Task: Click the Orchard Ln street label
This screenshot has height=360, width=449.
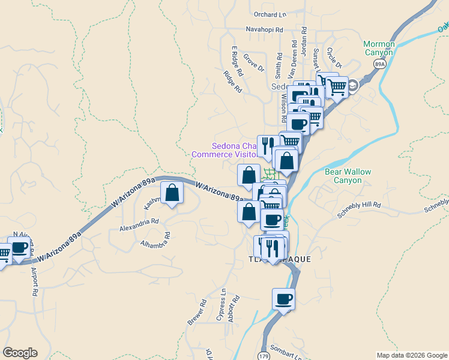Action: click(x=270, y=14)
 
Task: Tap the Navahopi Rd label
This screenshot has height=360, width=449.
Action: click(x=268, y=29)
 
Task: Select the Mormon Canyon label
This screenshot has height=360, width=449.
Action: click(x=379, y=48)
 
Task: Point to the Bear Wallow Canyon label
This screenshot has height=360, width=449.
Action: click(x=348, y=176)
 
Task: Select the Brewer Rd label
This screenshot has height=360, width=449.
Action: click(x=196, y=313)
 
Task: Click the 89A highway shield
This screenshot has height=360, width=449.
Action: click(x=379, y=64)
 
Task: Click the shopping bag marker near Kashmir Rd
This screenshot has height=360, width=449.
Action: click(x=172, y=193)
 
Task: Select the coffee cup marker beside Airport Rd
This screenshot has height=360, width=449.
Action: click(x=19, y=247)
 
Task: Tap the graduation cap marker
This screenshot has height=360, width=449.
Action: click(x=353, y=85)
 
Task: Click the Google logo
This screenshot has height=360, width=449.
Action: click(x=20, y=353)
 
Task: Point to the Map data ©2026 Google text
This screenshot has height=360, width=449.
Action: click(x=411, y=355)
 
